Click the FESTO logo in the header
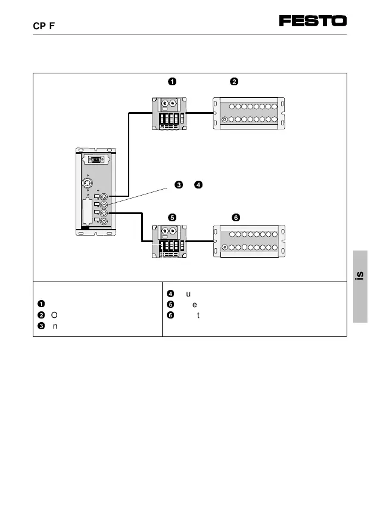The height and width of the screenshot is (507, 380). (313, 21)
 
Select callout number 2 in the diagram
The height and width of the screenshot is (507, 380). (234, 82)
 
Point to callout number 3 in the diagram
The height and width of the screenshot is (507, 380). (177, 184)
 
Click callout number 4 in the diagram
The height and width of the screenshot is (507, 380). (198, 184)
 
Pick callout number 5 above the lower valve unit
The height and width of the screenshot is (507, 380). (172, 217)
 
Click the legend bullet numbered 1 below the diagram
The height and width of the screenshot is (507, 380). (41, 304)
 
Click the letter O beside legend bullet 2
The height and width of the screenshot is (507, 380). (54, 314)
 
